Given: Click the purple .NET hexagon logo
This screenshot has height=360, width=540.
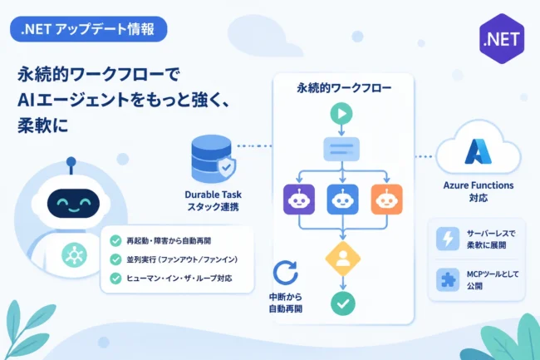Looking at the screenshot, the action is click(502, 38).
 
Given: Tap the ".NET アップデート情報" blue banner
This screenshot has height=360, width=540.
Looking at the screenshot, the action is click(89, 29).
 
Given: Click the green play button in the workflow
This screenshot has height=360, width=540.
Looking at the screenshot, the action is click(341, 113).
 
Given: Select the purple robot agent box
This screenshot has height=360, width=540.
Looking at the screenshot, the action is click(299, 200).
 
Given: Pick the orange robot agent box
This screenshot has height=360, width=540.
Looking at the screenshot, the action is click(387, 200).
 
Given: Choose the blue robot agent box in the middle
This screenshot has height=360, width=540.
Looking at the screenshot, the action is click(342, 200).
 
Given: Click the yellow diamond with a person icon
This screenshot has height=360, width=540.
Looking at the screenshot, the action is click(343, 259).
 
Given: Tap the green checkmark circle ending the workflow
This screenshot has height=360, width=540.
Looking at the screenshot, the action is click(343, 303).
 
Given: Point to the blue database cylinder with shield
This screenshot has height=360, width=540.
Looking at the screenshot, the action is click(214, 159).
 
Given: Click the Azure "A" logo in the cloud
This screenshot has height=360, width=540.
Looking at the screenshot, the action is click(478, 151).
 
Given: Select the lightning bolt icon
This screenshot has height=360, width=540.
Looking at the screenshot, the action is click(448, 239).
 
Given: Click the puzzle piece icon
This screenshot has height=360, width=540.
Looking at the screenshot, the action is click(448, 279).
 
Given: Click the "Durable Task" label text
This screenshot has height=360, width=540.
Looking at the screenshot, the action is click(214, 195).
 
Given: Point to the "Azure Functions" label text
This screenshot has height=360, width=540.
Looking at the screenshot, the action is click(479, 185).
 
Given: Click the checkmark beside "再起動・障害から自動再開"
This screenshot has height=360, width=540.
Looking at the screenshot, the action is click(115, 240).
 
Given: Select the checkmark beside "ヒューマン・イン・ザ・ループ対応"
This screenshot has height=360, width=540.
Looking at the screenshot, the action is click(115, 278).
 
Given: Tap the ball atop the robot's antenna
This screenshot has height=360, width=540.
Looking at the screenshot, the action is click(71, 161).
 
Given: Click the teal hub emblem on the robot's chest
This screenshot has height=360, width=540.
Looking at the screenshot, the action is click(75, 255).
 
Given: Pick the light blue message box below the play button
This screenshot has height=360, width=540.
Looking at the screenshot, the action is click(341, 149).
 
